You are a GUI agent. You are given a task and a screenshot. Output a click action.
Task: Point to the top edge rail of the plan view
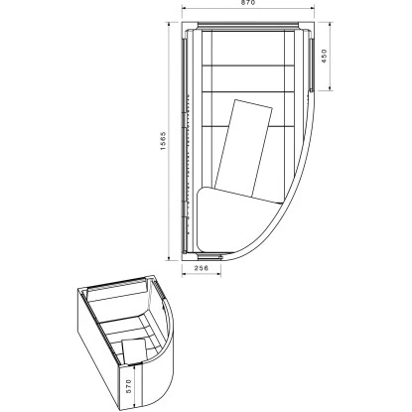(248, 27)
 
